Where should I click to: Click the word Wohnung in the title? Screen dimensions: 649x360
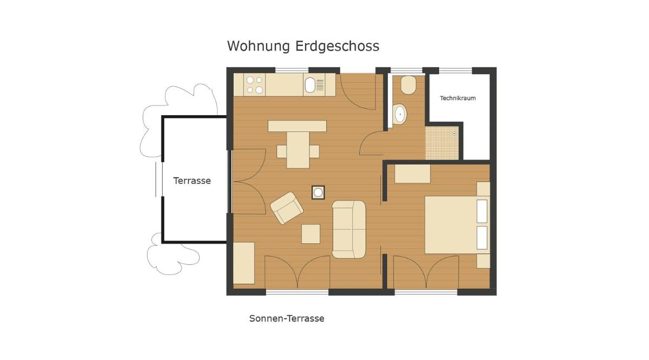tap(259, 46)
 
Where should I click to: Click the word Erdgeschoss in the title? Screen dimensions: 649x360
tap(337, 46)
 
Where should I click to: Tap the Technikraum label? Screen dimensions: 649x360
tap(458, 98)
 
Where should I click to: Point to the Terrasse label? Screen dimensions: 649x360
tap(192, 181)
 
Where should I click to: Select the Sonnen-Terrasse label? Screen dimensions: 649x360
tap(287, 318)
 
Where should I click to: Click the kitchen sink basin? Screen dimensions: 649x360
tap(310, 85)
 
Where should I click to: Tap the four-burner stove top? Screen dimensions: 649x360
tap(254, 85)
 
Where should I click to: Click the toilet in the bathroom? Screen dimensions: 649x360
tap(408, 85)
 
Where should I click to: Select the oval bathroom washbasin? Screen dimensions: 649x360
tap(400, 115)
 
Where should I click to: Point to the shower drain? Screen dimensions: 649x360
tap(454, 134)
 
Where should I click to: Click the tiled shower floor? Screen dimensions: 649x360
tap(442, 143)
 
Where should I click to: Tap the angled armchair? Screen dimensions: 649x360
tap(287, 208)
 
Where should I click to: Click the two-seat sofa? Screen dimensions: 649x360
tap(349, 229)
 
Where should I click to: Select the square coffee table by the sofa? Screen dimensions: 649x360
tap(311, 234)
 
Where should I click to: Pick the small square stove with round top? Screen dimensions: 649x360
tap(318, 192)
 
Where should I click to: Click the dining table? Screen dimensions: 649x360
tap(298, 150)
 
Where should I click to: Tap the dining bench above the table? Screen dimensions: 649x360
tap(297, 126)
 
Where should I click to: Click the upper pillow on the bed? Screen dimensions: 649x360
tap(482, 211)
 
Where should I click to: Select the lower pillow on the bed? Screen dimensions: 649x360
tap(482, 238)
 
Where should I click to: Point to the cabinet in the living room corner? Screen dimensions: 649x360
tap(244, 263)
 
